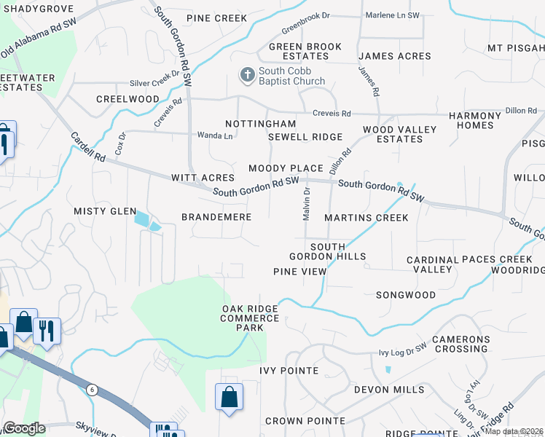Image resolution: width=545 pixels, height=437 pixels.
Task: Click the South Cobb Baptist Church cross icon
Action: (247, 74)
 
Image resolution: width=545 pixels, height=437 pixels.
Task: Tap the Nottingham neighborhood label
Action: (260, 125)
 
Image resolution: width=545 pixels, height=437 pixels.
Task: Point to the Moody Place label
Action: (286, 168)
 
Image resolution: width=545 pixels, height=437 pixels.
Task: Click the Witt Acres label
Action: (203, 178)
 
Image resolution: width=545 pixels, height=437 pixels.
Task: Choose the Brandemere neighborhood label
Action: (216, 217)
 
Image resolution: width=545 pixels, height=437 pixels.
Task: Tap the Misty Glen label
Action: (105, 211)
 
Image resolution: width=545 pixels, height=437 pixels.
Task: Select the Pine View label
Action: (299, 271)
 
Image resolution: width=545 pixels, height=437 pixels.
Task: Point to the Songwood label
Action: (406, 295)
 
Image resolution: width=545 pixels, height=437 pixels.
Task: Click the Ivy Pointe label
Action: (289, 371)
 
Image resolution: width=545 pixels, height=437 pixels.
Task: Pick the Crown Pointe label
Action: (305, 421)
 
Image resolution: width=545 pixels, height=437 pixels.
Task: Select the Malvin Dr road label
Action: (307, 203)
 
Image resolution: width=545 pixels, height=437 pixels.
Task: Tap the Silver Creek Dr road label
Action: (154, 84)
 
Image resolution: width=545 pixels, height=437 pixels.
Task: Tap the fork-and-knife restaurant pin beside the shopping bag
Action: (47, 329)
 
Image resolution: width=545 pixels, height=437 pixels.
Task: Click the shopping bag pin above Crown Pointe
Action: (229, 398)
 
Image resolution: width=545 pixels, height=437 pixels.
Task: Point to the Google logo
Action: (24, 428)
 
